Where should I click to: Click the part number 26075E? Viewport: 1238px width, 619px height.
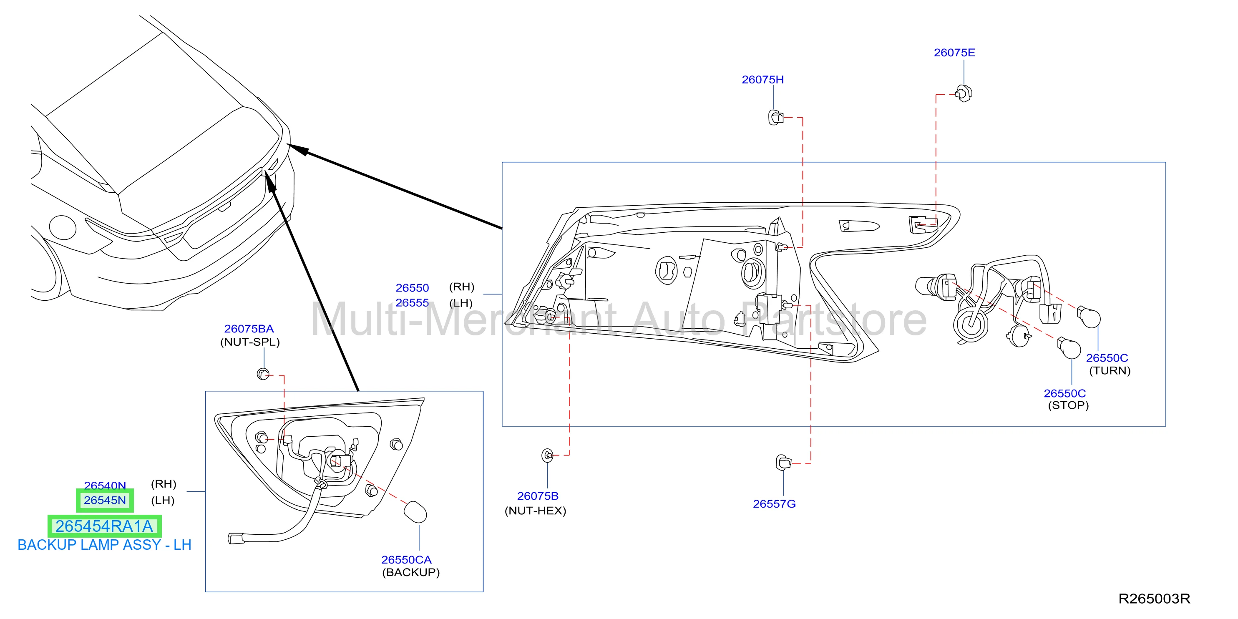pyautogui.click(x=954, y=53)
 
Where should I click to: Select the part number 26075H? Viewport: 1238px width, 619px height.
pyautogui.click(x=762, y=79)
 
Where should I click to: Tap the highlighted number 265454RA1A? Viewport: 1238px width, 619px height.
pyautogui.click(x=104, y=526)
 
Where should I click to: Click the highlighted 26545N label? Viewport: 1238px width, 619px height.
pyautogui.click(x=105, y=500)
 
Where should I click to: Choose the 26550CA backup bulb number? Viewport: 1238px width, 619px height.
pyautogui.click(x=406, y=559)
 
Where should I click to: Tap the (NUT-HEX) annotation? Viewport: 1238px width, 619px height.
pyautogui.click(x=536, y=511)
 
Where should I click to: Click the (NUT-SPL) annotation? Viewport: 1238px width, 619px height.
pyautogui.click(x=250, y=342)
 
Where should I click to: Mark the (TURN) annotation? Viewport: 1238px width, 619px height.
pyautogui.click(x=1110, y=370)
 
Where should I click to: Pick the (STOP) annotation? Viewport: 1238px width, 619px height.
pyautogui.click(x=1068, y=405)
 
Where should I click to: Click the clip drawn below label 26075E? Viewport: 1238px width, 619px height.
pyautogui.click(x=964, y=93)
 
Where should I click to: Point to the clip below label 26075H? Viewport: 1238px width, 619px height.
pyautogui.click(x=775, y=117)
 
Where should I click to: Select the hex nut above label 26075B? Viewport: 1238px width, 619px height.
pyautogui.click(x=547, y=455)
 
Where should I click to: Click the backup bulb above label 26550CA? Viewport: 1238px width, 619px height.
pyautogui.click(x=415, y=512)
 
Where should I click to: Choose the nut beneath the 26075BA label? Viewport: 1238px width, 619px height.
pyautogui.click(x=263, y=373)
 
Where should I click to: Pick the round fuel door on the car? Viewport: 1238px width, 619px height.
pyautogui.click(x=62, y=227)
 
